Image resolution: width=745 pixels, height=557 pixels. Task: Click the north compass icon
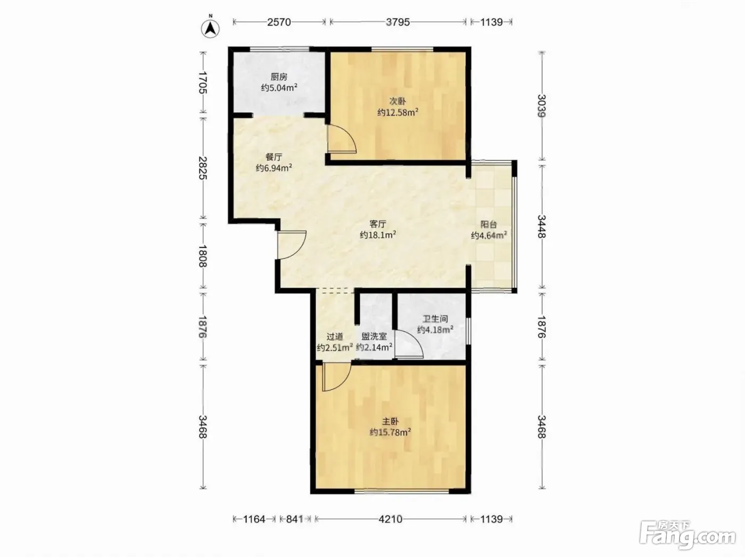(x=210, y=29)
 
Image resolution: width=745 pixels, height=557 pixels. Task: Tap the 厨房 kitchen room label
(x=279, y=77)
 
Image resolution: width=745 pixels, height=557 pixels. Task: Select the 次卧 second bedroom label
(x=398, y=101)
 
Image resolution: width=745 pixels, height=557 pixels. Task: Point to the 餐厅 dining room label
(x=274, y=157)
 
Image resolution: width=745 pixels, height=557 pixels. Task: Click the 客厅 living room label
(x=378, y=224)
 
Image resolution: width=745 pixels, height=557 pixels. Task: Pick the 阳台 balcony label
(x=489, y=224)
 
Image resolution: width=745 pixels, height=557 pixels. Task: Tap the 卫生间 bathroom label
(x=435, y=319)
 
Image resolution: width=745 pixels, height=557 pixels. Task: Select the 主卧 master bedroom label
(x=390, y=421)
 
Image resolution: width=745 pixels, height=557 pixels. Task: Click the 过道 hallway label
(x=335, y=337)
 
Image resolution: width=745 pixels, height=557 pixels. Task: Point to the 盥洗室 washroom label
(x=374, y=337)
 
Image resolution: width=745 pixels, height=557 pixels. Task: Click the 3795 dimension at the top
(x=398, y=22)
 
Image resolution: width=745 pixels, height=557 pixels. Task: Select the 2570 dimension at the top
(x=279, y=22)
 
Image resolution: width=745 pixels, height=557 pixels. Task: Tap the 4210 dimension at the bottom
(x=390, y=519)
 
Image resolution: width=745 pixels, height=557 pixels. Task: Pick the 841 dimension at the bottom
(x=294, y=519)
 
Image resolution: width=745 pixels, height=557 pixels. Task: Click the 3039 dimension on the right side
(x=542, y=106)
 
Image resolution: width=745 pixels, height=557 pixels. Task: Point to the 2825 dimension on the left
(x=203, y=168)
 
